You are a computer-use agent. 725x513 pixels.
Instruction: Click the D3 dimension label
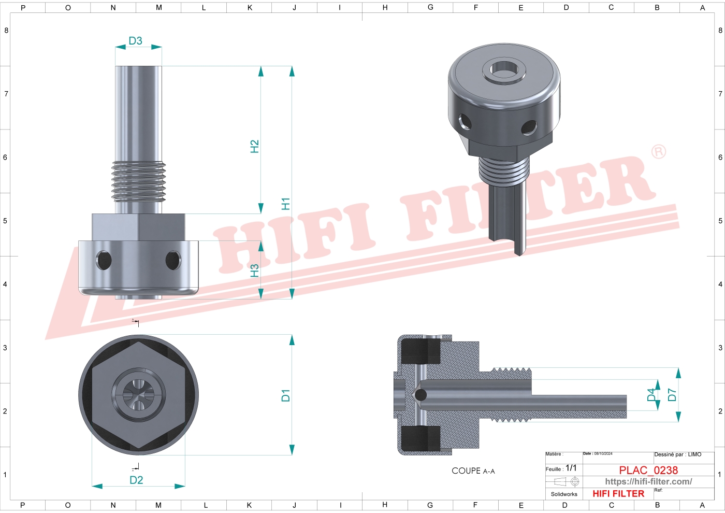point(135,41)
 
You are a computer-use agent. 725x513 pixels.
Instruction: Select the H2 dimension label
point(254,146)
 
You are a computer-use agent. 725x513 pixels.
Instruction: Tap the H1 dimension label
point(285,204)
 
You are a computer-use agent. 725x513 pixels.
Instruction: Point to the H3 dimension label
point(254,270)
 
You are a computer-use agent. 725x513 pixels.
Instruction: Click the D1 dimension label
point(285,395)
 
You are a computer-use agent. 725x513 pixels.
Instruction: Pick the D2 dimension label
point(136,480)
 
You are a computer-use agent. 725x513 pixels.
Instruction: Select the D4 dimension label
point(651,395)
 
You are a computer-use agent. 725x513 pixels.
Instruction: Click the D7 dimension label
point(672,395)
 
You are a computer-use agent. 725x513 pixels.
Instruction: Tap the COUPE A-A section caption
point(473,471)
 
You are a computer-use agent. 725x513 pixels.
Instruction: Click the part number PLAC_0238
point(648,470)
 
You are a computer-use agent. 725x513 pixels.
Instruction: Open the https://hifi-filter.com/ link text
point(648,481)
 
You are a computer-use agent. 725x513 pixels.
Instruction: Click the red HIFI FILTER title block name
point(618,494)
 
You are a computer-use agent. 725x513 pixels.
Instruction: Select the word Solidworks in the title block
point(564,494)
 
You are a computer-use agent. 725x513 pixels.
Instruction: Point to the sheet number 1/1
point(571,468)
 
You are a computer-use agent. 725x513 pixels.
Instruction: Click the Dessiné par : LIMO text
point(677,454)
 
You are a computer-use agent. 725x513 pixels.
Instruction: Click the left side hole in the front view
point(104,260)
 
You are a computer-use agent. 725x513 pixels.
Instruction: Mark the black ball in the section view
point(421,395)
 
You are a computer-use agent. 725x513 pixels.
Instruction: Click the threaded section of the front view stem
point(138,181)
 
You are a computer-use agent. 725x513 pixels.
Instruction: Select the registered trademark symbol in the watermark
point(658,151)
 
